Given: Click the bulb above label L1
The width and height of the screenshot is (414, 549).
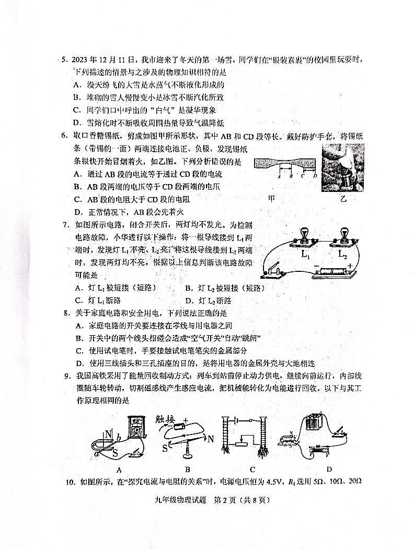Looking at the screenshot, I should (304, 234).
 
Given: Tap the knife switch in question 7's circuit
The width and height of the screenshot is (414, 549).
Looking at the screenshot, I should (272, 271).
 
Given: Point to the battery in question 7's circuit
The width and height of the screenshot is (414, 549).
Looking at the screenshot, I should (333, 271).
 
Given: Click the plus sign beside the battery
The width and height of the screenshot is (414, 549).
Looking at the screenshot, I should (350, 266).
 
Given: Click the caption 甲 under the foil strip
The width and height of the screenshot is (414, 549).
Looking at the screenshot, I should (271, 199).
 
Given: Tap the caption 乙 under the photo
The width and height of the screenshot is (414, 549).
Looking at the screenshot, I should (343, 199).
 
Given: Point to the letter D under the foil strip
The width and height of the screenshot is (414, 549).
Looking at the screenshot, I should (315, 176).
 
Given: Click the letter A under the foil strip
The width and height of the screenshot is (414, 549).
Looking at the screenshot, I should (279, 176).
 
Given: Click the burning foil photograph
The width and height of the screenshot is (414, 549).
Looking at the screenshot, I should (342, 167).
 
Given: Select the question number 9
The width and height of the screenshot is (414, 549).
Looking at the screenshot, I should (66, 376).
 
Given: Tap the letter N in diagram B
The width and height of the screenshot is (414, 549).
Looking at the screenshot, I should (210, 439).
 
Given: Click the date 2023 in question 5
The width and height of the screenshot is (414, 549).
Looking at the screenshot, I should (83, 61).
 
